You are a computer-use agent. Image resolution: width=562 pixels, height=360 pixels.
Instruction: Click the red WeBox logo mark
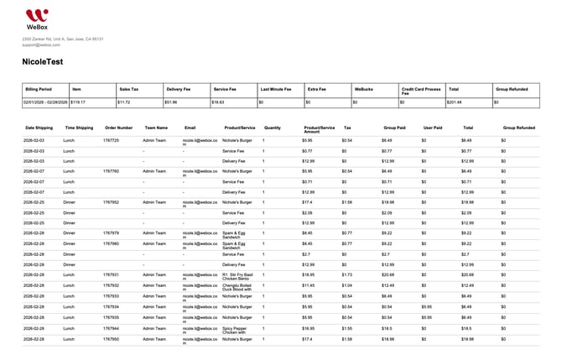tap(36, 14)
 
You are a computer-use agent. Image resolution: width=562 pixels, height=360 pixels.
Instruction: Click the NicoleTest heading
tap(48, 62)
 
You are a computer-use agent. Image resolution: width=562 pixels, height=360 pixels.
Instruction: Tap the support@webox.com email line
tap(41, 44)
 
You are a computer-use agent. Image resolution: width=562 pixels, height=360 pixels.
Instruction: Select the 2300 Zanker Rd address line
tap(63, 39)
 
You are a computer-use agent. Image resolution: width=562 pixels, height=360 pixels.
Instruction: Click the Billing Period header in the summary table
tap(39, 89)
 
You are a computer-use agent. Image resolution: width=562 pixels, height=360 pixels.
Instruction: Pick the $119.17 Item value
tap(78, 102)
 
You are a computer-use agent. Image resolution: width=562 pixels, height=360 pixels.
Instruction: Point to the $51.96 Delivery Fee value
tap(173, 102)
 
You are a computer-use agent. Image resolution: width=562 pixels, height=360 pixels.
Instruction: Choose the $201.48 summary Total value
tap(455, 102)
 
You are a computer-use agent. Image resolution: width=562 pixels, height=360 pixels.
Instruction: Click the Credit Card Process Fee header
tap(421, 91)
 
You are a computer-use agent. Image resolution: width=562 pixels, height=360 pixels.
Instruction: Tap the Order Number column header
tap(118, 128)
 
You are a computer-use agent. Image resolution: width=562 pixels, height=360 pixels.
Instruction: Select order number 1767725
tap(112, 140)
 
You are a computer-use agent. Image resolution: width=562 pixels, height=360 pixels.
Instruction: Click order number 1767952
tap(112, 202)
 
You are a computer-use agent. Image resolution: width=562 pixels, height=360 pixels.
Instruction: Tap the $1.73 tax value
tap(347, 274)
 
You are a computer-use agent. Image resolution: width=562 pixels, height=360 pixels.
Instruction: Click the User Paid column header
tap(432, 128)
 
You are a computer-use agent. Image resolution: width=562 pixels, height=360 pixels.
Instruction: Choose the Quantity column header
tap(273, 128)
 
